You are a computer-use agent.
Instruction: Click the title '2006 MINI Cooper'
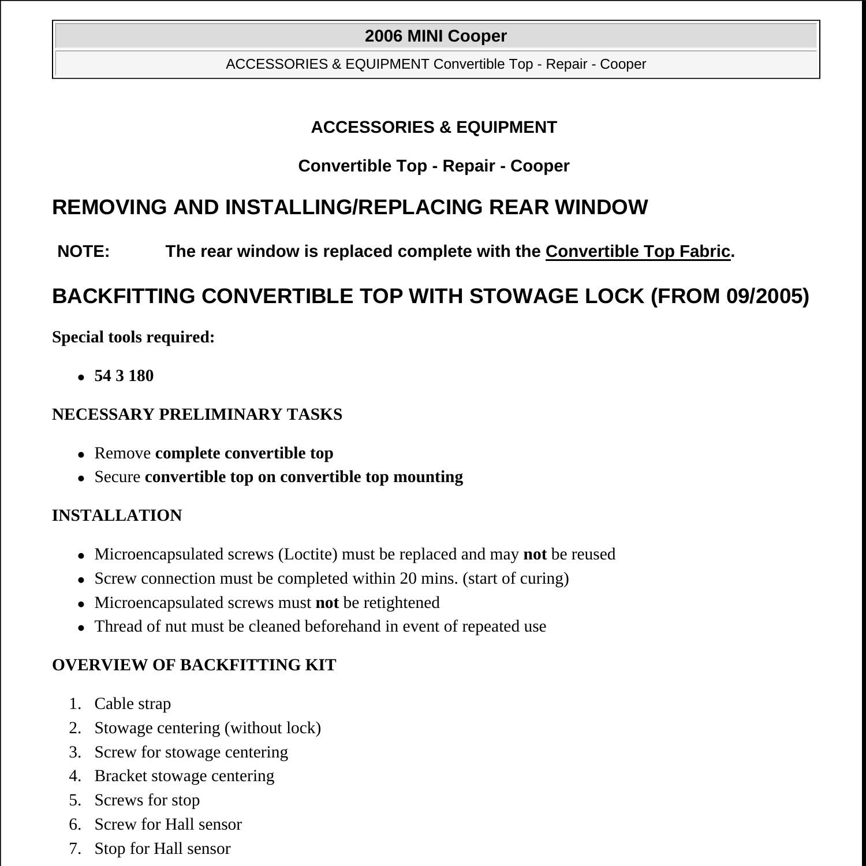tap(435, 36)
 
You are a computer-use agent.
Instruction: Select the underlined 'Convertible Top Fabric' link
tap(638, 252)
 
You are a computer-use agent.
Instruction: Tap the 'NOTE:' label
tap(84, 252)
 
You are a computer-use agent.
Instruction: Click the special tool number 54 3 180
tap(124, 376)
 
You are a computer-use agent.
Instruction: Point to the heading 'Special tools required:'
tap(133, 337)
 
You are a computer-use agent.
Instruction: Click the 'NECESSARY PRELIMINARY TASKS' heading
tap(197, 415)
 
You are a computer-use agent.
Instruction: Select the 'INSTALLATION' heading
tap(117, 516)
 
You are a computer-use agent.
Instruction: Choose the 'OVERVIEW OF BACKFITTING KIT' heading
tap(194, 665)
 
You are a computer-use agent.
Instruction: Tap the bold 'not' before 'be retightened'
tap(327, 603)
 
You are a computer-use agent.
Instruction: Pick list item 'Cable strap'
tap(133, 704)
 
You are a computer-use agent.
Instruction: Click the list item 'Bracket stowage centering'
tap(184, 776)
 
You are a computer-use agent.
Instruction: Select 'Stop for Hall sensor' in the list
tap(162, 849)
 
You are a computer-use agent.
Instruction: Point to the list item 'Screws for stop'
tap(147, 800)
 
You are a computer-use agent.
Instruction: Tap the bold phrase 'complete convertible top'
tap(244, 453)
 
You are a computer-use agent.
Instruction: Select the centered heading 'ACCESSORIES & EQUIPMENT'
tap(434, 127)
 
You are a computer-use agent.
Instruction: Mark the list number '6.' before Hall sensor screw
tap(74, 824)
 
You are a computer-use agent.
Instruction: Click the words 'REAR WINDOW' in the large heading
tap(568, 207)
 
